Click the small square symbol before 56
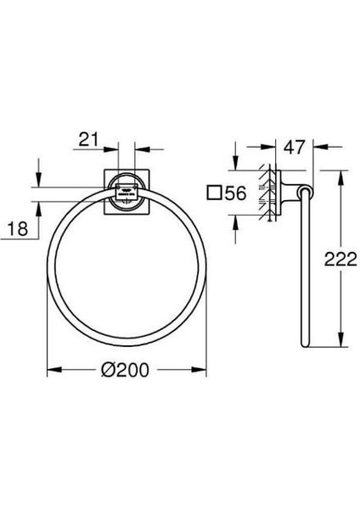click(x=215, y=193)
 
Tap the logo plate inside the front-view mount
click(x=127, y=194)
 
